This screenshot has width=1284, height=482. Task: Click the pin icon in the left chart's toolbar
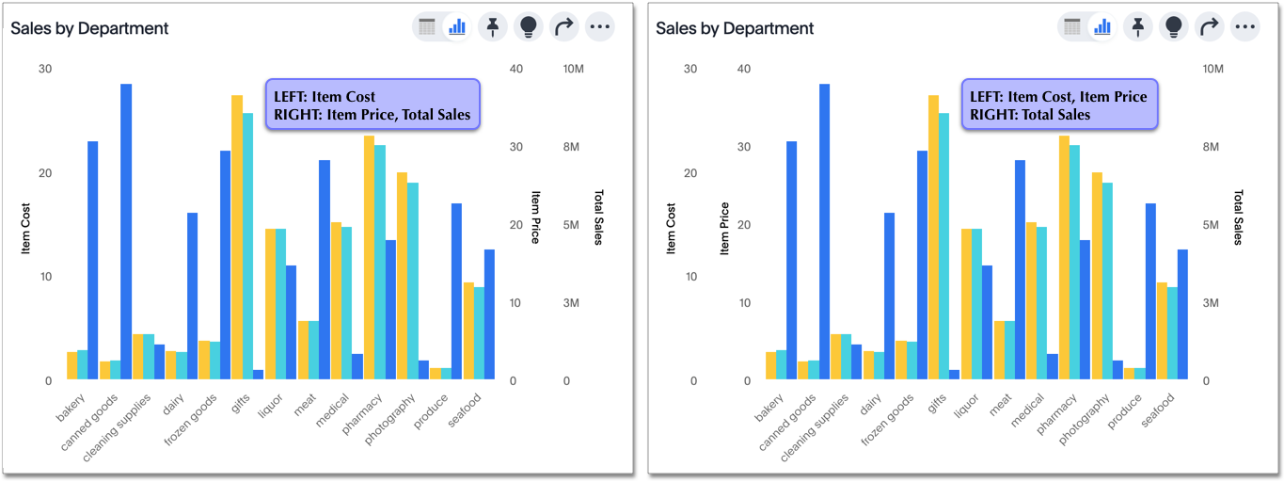coord(493,26)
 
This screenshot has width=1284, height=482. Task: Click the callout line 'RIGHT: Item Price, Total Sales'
coord(372,115)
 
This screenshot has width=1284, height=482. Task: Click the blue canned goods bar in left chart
coord(126,232)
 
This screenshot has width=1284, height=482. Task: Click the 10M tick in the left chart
coord(574,70)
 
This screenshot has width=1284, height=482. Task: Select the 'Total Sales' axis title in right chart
coord(1238,217)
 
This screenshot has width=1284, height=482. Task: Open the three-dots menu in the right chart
coord(1244,26)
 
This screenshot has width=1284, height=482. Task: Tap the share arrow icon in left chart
coord(564,26)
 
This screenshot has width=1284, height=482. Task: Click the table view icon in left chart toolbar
coord(427,26)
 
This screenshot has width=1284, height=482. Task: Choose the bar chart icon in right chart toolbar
coord(1101,26)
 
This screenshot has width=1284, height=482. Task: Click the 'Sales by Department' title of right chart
coord(735,28)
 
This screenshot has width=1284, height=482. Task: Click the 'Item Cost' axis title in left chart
coord(27,229)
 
